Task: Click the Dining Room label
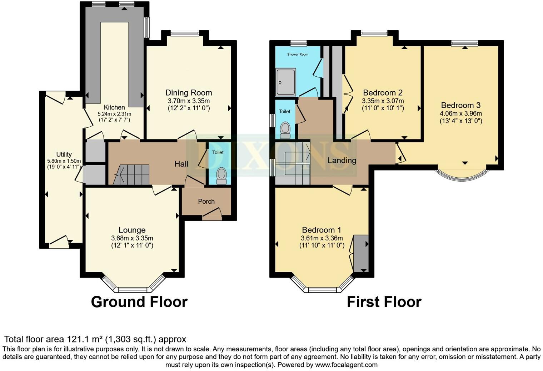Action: pyautogui.click(x=189, y=93)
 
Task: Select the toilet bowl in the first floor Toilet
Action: pyautogui.click(x=285, y=130)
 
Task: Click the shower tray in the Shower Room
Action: pyautogui.click(x=286, y=82)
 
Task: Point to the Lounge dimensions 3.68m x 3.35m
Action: pyautogui.click(x=132, y=238)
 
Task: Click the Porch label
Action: pyautogui.click(x=206, y=202)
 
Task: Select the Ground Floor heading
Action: pyautogui.click(x=139, y=302)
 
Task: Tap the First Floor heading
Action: pyautogui.click(x=384, y=302)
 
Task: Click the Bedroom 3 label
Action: pyautogui.click(x=460, y=105)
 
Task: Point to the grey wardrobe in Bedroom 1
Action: pyautogui.click(x=361, y=253)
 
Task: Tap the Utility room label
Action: pyautogui.click(x=64, y=154)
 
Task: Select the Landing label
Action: pyautogui.click(x=342, y=161)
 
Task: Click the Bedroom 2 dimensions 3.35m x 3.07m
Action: pyautogui.click(x=383, y=101)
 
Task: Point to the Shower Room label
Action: pyautogui.click(x=298, y=55)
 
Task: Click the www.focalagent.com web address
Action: pyautogui.click(x=346, y=365)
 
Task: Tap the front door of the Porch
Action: pyautogui.click(x=211, y=214)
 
